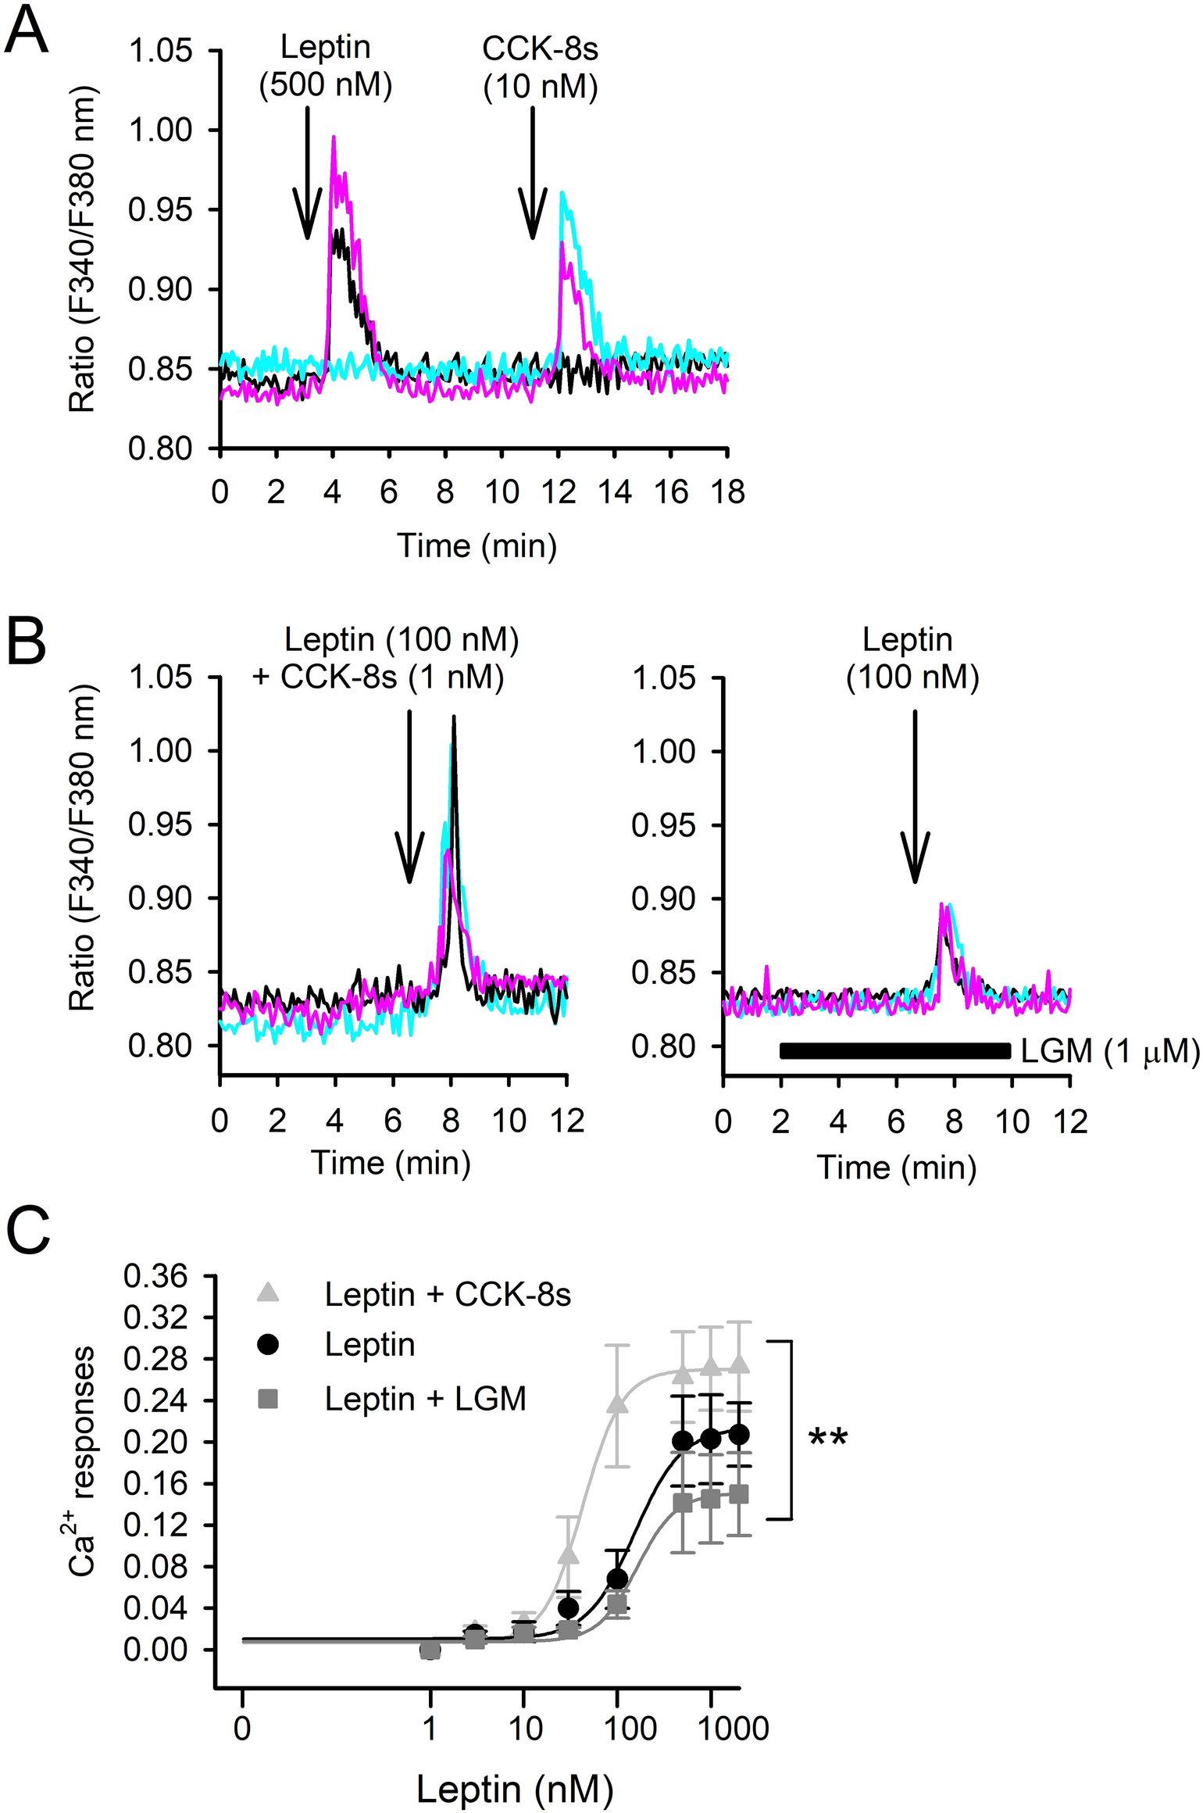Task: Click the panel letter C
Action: tap(28, 1232)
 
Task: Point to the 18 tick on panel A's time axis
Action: tap(727, 492)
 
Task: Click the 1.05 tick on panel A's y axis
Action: tap(160, 51)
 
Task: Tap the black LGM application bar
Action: tap(895, 1051)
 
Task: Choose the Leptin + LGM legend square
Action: tap(269, 1398)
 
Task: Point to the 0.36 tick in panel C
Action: tap(155, 1276)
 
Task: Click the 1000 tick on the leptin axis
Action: tap(733, 1729)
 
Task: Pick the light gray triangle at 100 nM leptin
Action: tap(617, 1404)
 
